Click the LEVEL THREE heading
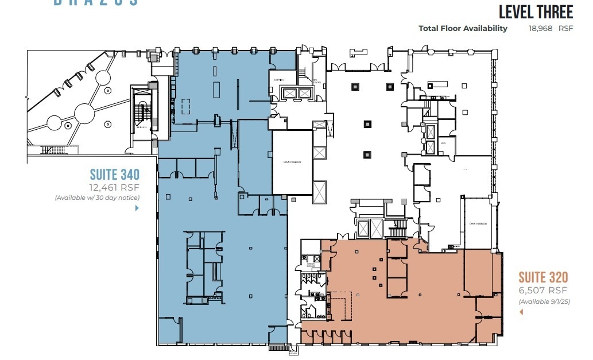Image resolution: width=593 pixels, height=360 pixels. (535, 12)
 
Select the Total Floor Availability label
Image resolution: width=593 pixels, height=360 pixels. (463, 28)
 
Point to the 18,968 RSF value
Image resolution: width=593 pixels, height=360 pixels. (550, 28)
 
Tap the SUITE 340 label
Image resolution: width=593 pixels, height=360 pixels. (115, 174)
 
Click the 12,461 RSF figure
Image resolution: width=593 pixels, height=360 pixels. (114, 187)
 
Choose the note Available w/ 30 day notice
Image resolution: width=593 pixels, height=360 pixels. (98, 198)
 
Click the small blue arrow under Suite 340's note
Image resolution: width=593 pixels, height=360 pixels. (137, 208)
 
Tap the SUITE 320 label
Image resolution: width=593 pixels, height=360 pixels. (543, 278)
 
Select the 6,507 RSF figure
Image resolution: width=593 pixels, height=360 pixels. (543, 291)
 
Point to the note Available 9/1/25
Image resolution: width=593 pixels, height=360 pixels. (544, 301)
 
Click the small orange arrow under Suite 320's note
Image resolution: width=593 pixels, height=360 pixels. (521, 312)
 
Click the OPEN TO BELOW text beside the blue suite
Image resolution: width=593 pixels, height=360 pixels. (292, 162)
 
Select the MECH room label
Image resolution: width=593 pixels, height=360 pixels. (444, 142)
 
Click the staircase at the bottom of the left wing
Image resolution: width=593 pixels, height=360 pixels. (53, 150)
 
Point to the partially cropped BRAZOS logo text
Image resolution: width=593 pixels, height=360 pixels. (96, 3)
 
